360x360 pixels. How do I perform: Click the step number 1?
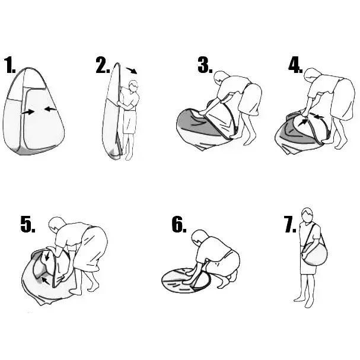point(9,65)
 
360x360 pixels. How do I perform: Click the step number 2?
point(103,65)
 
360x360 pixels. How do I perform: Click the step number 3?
point(205,65)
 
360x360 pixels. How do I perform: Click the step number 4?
point(295,65)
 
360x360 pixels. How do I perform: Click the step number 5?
point(28,224)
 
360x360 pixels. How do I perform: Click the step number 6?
point(179,224)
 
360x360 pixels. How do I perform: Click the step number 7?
point(290,224)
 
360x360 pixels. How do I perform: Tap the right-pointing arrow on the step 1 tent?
point(28,112)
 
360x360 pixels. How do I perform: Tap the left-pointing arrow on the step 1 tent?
point(50,109)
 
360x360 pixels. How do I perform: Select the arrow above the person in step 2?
point(132,71)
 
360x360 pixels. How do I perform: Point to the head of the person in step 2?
point(133,86)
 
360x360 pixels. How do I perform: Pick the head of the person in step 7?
point(307,215)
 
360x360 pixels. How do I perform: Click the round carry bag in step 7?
point(315,253)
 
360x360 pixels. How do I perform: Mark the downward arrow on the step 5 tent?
point(47,256)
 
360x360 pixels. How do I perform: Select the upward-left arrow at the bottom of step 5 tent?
point(45,281)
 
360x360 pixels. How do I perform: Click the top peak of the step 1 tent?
point(28,68)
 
